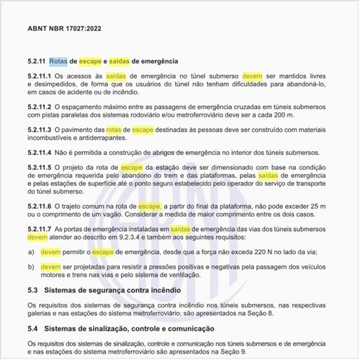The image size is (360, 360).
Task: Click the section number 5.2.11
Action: pos(36,60)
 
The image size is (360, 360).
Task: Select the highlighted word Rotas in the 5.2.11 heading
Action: pos(59,60)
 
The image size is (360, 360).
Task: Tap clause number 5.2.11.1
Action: pos(40,75)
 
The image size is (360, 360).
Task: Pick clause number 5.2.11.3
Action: pos(40,129)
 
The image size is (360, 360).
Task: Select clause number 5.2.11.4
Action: pos(40,153)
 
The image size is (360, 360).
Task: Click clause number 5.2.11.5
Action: pos(40,167)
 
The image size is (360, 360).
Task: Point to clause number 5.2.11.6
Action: pos(40,206)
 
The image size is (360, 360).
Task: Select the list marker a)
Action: pos(31,253)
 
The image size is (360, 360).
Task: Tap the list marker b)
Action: pos(31,266)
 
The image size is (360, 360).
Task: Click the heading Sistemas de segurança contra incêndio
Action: pos(122,290)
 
